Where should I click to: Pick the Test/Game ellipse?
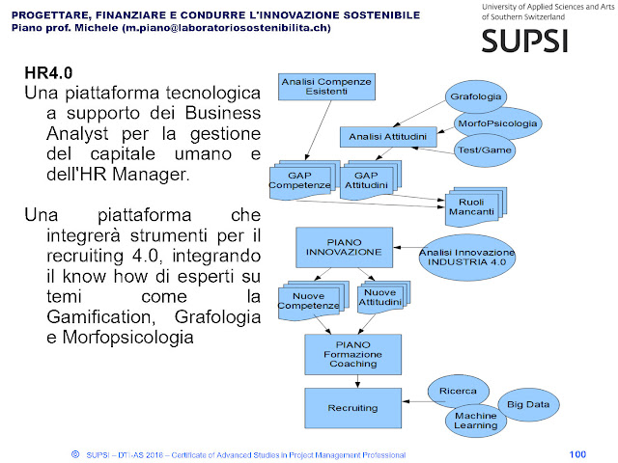[486, 151]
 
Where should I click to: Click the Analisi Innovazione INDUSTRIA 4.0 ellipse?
[467, 256]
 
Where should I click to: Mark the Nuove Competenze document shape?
[308, 300]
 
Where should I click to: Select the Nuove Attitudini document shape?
[379, 299]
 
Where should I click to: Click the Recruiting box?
[351, 408]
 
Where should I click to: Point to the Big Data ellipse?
[530, 405]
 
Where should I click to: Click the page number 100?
[578, 453]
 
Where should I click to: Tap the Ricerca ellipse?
[459, 391]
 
